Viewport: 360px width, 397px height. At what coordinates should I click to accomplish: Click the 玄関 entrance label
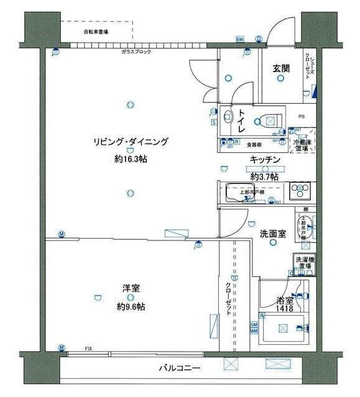click(280, 69)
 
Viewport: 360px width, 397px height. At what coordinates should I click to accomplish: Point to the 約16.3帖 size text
click(131, 159)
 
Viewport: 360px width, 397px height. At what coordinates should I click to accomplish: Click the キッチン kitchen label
click(266, 160)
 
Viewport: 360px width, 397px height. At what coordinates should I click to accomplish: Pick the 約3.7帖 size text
click(265, 177)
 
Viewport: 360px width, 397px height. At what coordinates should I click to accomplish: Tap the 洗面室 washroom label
click(272, 234)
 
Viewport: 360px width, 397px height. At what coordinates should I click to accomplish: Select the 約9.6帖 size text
click(131, 306)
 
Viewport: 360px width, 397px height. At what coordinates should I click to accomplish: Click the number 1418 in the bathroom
click(285, 308)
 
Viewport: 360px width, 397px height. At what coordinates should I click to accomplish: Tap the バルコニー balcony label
click(180, 368)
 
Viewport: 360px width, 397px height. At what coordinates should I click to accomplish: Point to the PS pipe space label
click(302, 116)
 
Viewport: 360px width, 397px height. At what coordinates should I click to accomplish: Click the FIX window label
click(88, 349)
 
